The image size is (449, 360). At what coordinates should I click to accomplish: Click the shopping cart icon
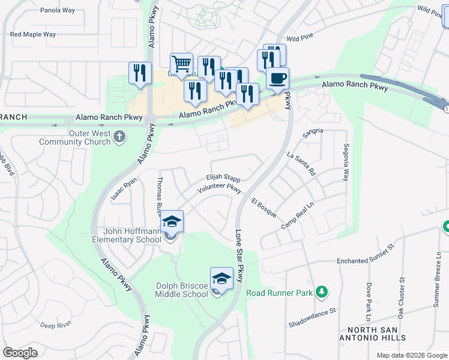coord(181,63)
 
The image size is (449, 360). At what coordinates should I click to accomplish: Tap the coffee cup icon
coord(278,79)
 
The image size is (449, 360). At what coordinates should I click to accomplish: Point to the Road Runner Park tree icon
coord(323,292)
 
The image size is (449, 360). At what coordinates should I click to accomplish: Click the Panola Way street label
coord(57,10)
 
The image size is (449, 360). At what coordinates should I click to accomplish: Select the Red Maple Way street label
coord(33,34)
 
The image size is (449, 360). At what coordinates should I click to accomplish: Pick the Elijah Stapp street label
coord(223,178)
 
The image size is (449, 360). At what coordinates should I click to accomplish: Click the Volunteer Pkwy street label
coord(219,189)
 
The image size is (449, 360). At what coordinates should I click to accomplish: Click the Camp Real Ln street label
coord(298,217)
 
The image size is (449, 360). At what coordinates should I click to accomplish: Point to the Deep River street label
coord(56,325)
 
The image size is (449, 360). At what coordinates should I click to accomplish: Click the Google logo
coord(20,353)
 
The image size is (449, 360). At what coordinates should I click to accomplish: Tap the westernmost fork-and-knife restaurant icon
coord(139,73)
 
